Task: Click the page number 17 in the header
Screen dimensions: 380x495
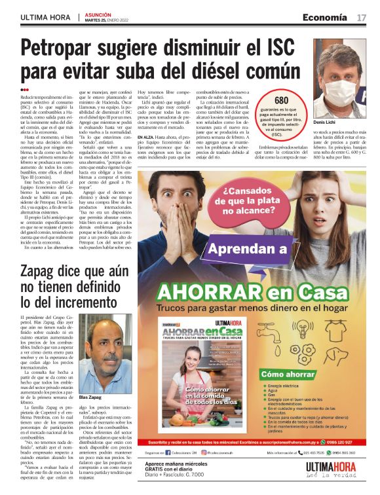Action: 361,17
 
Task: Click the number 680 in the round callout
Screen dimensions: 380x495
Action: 281,100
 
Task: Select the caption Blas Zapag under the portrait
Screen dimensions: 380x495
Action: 92,397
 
